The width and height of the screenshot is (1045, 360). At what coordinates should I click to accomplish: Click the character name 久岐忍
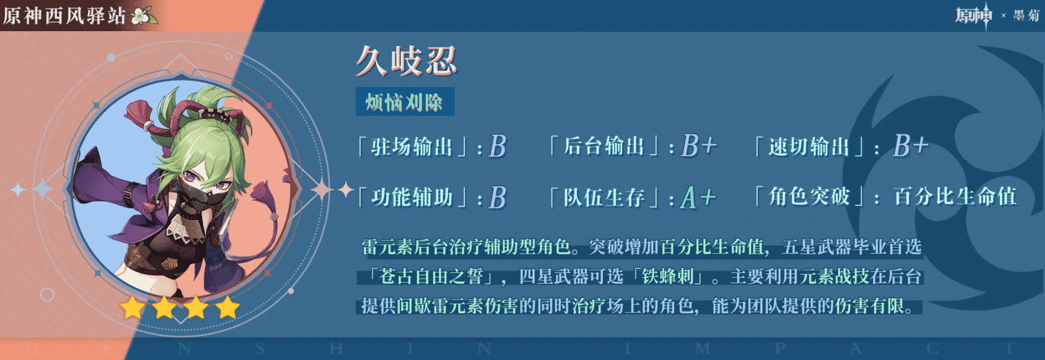tap(407, 61)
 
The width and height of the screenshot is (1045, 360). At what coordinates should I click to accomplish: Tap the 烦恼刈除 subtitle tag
tap(405, 101)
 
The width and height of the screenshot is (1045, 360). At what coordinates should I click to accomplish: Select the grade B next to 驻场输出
tap(497, 146)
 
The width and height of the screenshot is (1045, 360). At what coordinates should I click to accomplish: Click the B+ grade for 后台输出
tap(699, 146)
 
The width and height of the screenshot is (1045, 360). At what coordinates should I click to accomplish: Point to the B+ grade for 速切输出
tap(911, 146)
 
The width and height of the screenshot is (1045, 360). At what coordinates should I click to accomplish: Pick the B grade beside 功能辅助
tap(497, 197)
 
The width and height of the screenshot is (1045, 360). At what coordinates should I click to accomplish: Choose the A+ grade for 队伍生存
tap(698, 197)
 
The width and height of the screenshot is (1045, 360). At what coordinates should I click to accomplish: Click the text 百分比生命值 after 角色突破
tap(955, 196)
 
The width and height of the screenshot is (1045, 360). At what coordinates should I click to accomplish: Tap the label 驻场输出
tap(412, 146)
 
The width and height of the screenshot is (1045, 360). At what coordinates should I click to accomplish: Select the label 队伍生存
tap(604, 197)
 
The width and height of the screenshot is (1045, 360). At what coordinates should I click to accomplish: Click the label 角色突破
tap(809, 196)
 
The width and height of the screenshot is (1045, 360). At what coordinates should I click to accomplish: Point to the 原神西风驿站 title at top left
tap(64, 16)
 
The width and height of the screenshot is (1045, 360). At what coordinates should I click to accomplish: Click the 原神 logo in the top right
tap(974, 15)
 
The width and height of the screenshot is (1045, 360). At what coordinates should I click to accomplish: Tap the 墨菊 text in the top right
tap(1026, 16)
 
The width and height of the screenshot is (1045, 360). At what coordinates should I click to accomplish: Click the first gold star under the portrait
tap(133, 308)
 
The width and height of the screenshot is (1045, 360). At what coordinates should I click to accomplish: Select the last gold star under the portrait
tap(227, 308)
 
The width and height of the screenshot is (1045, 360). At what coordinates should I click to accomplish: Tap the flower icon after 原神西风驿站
tap(142, 15)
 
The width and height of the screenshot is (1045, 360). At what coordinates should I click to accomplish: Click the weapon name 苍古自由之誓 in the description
tap(431, 277)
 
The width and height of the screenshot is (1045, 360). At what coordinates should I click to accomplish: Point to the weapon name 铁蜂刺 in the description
tap(668, 277)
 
